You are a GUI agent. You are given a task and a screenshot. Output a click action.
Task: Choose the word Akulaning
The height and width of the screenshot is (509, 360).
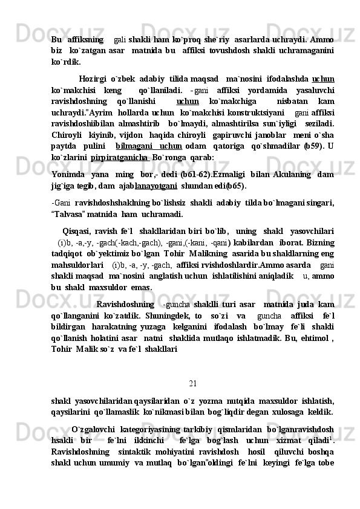point(288,174)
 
